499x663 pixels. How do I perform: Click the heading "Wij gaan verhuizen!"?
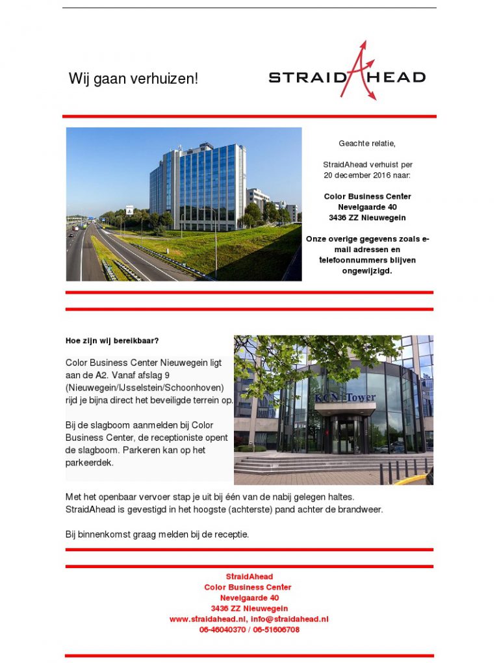[x=133, y=79]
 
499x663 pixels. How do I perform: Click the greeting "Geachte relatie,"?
[x=367, y=143]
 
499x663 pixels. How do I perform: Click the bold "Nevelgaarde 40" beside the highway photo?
[x=367, y=207]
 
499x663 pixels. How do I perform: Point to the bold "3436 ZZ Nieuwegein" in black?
[x=367, y=218]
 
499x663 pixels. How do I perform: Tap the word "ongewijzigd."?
[x=367, y=270]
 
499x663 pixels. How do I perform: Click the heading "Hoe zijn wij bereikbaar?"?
[x=112, y=341]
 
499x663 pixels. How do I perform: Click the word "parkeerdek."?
[x=90, y=463]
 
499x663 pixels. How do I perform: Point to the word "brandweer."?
[x=362, y=510]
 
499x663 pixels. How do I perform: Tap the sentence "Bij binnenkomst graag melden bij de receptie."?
[x=157, y=534]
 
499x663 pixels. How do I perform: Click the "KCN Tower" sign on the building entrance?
[x=345, y=397]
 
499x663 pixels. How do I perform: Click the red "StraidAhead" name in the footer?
[x=249, y=577]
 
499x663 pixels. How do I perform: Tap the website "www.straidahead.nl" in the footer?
[x=207, y=619]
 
